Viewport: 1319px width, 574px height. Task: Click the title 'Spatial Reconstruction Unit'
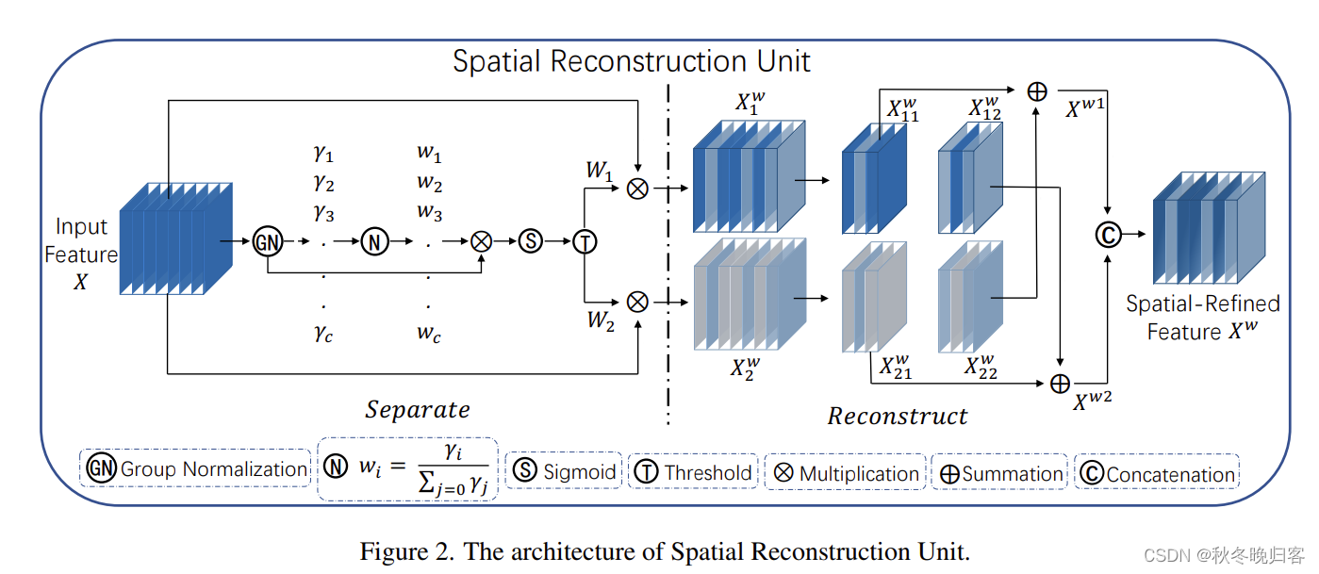[631, 61]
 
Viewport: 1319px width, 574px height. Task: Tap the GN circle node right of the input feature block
[268, 241]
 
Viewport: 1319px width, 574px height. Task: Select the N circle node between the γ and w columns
[374, 241]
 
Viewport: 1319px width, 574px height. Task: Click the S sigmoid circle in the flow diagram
[531, 241]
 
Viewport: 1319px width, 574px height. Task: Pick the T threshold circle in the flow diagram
[585, 241]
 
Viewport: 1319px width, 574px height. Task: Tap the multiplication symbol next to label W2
[638, 302]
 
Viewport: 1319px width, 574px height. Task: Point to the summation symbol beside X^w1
[1036, 91]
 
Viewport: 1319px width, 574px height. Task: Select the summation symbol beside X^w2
[1061, 384]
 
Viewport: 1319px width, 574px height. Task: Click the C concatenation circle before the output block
[1107, 234]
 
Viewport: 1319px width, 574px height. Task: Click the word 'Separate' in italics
[418, 409]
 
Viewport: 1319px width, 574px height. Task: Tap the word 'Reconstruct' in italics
[898, 416]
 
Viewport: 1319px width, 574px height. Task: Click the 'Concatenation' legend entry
[1158, 474]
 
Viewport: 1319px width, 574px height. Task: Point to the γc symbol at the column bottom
[324, 335]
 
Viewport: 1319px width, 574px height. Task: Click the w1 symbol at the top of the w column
[429, 153]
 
